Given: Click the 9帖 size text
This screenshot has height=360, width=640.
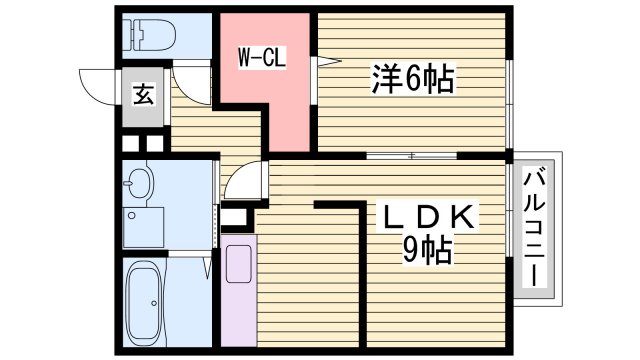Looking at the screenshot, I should click(428, 248).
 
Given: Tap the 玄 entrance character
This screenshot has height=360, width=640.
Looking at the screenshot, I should click(143, 96).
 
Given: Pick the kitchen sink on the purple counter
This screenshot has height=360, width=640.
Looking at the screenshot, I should click(238, 264).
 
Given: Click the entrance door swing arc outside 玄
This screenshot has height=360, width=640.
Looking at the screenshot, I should click(97, 85).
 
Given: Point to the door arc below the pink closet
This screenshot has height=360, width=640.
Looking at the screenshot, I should click(244, 180).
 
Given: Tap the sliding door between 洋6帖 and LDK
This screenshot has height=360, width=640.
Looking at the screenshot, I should click(412, 156).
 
